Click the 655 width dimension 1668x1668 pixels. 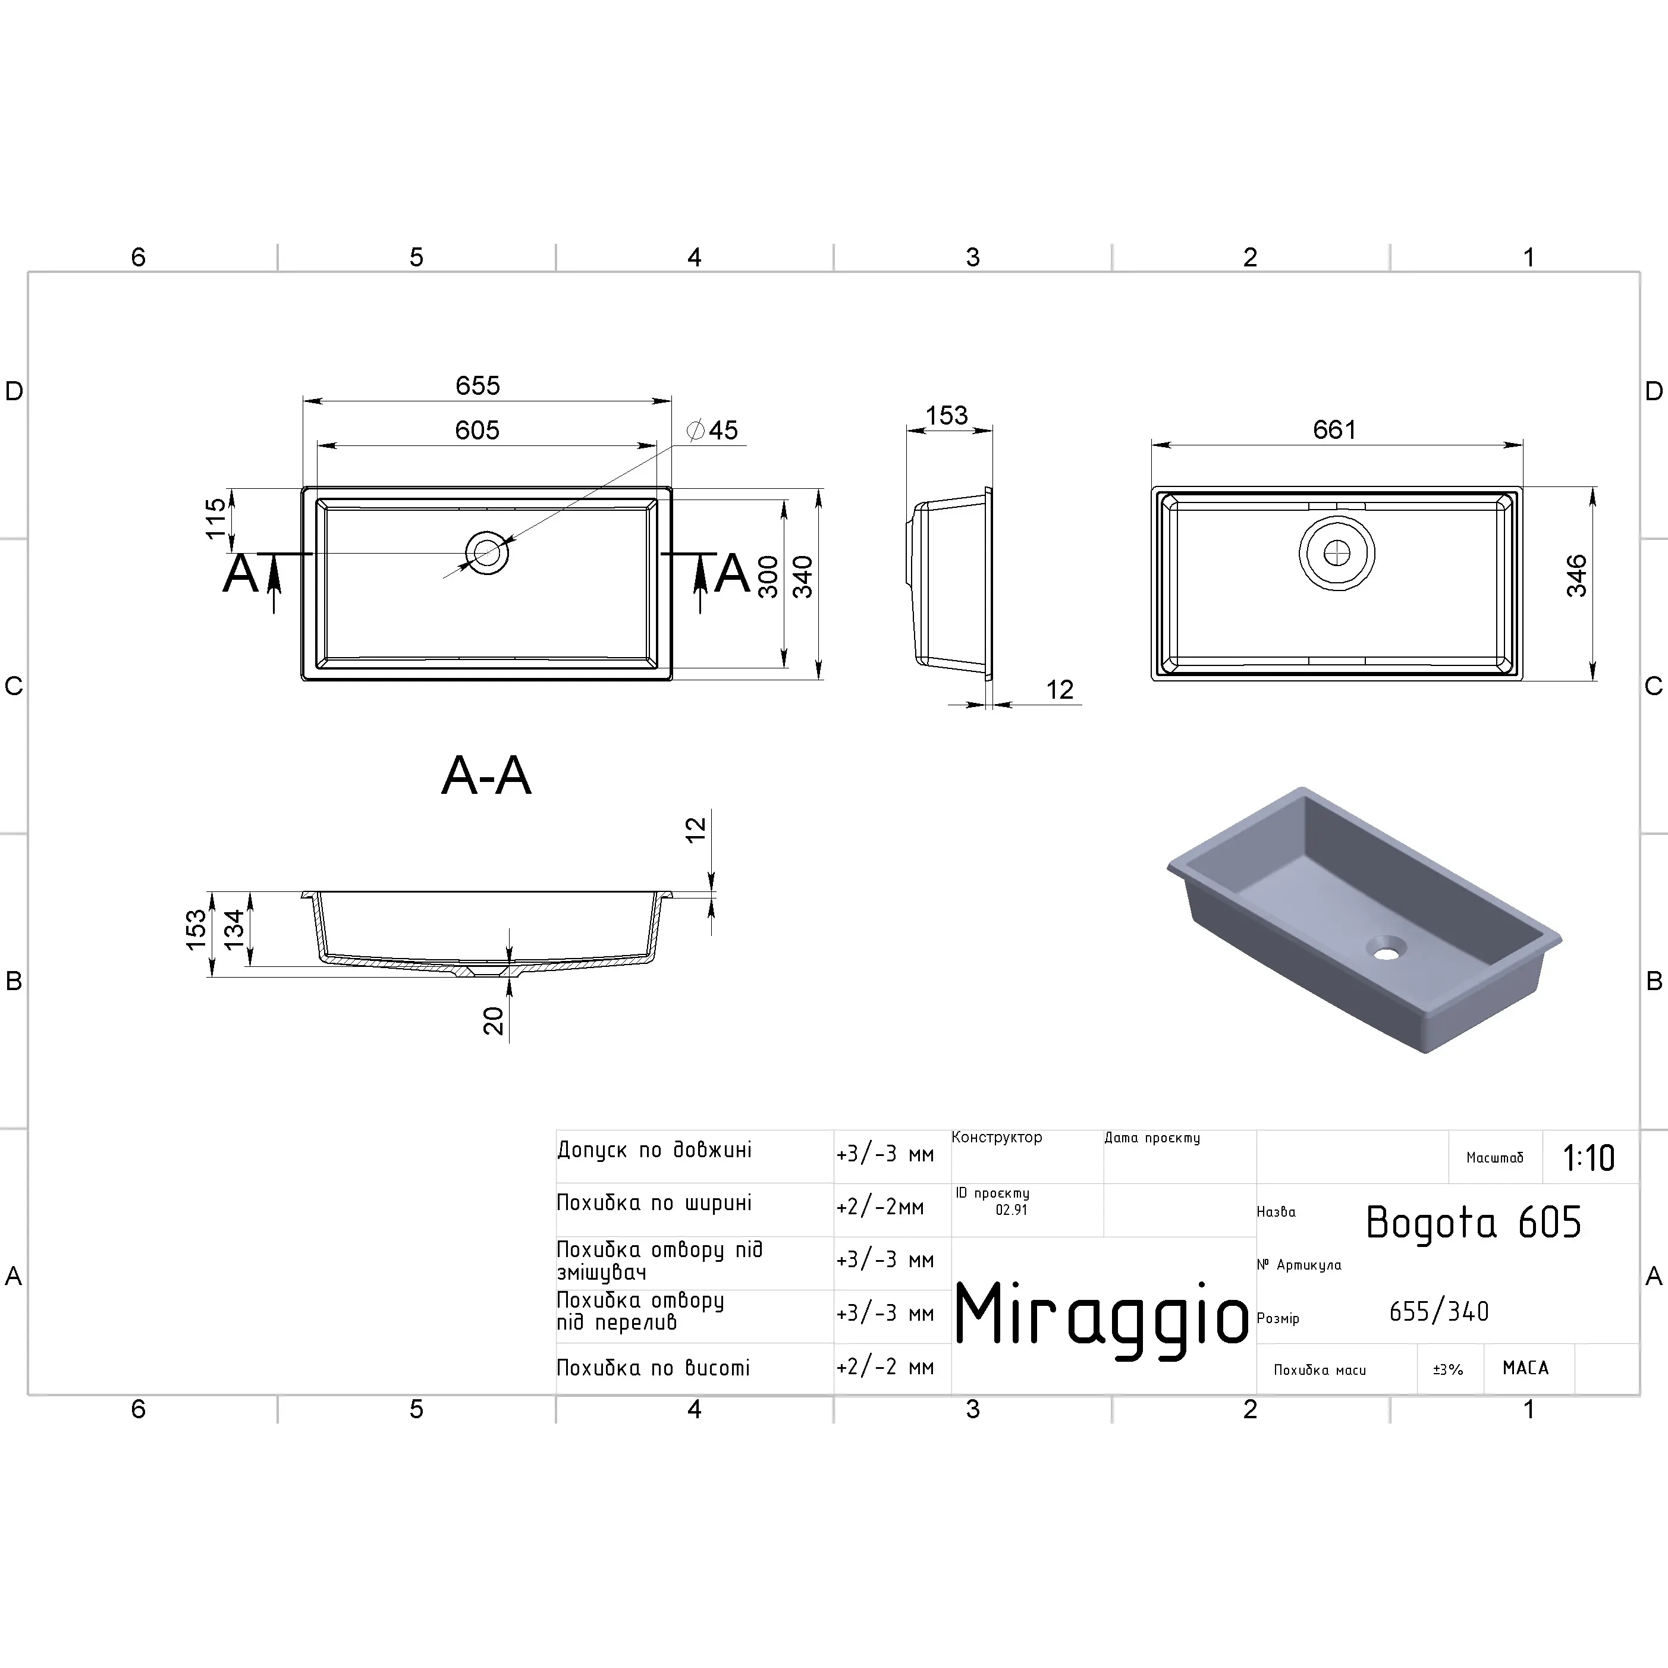point(478,386)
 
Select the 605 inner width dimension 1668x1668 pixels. point(478,430)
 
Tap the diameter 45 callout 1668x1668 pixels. point(712,430)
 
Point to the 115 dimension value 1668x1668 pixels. point(216,518)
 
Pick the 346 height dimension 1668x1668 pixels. point(1576,576)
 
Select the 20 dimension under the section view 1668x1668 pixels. point(493,1020)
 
